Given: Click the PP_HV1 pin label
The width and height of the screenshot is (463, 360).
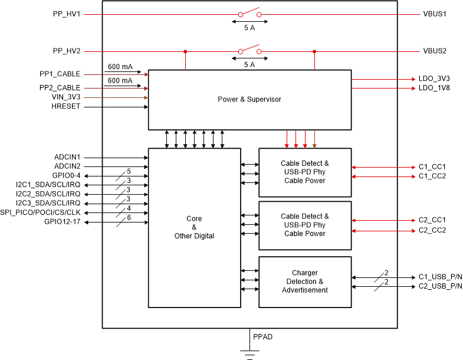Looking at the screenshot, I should [x=66, y=13].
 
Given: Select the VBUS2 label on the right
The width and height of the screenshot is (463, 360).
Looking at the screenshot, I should [x=435, y=51].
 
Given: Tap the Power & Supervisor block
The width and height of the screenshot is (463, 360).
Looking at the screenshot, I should [x=249, y=99].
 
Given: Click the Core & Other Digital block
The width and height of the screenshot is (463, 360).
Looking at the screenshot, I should [x=194, y=227].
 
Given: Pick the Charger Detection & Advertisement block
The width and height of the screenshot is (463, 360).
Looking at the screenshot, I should [x=305, y=282].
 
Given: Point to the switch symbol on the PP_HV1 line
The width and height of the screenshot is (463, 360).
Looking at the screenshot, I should [x=249, y=13].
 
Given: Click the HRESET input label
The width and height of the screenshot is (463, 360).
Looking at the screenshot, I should [x=65, y=107].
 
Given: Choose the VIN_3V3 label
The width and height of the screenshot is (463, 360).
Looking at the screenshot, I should [x=66, y=97].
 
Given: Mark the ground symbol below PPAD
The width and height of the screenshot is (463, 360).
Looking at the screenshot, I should [x=249, y=354].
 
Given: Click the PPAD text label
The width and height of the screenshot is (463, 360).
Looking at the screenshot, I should [x=262, y=337].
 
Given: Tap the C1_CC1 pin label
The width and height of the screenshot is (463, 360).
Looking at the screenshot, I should [x=432, y=167].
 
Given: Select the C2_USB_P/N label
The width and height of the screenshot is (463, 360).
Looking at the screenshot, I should [x=440, y=286].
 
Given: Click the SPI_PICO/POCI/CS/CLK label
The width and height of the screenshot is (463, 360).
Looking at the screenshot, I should [x=44, y=212].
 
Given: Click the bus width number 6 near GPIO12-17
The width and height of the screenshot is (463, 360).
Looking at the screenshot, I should [x=129, y=217].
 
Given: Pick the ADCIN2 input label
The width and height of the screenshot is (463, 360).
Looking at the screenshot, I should [x=67, y=166].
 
